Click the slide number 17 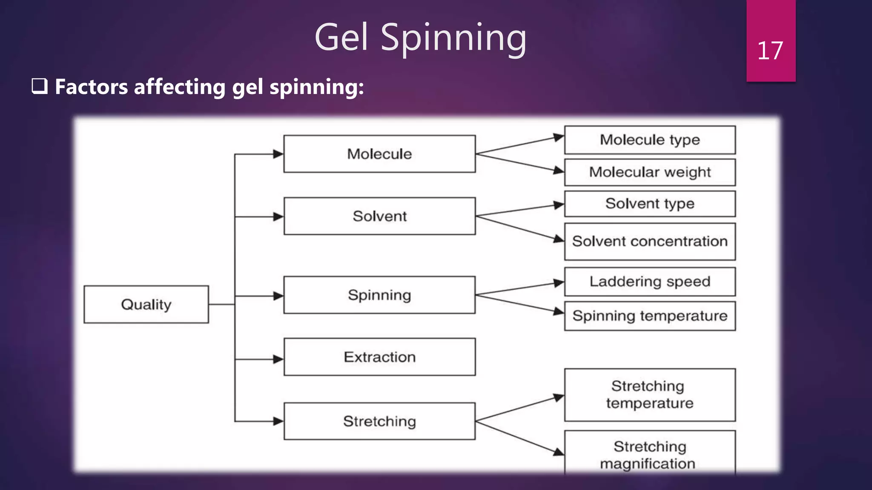pyautogui.click(x=770, y=51)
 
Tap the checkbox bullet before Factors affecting pyautogui.click(x=39, y=86)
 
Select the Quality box pyautogui.click(x=146, y=305)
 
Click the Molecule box pyautogui.click(x=379, y=154)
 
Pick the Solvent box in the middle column pyautogui.click(x=379, y=216)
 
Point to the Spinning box pyautogui.click(x=379, y=295)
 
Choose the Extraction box pyautogui.click(x=379, y=357)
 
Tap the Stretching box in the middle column pyautogui.click(x=379, y=421)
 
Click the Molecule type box pyautogui.click(x=650, y=140)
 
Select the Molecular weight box pyautogui.click(x=650, y=172)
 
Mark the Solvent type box pyautogui.click(x=650, y=204)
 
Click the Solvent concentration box pyautogui.click(x=650, y=242)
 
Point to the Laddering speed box pyautogui.click(x=650, y=282)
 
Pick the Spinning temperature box pyautogui.click(x=650, y=316)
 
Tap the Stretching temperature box pyautogui.click(x=650, y=395)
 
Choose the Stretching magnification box pyautogui.click(x=650, y=454)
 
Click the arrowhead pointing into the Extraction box pyautogui.click(x=278, y=359)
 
